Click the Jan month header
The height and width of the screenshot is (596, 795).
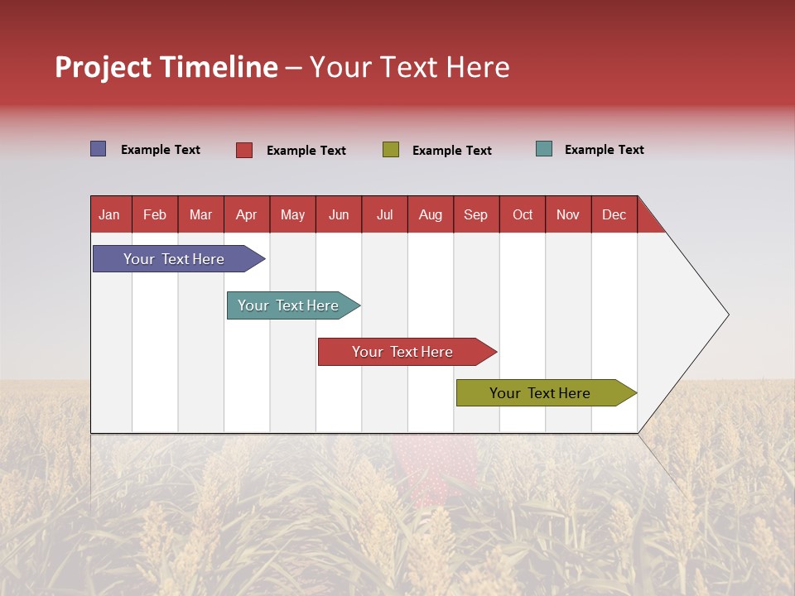(x=109, y=214)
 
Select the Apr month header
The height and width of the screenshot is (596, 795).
(x=246, y=214)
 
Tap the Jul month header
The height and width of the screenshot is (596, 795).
(x=384, y=214)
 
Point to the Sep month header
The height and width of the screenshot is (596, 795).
(x=475, y=214)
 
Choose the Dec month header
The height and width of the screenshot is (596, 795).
(x=614, y=214)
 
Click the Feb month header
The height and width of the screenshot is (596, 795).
(x=155, y=214)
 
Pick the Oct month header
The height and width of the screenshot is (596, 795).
(x=523, y=214)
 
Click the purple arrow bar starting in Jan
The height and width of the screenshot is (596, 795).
(x=174, y=259)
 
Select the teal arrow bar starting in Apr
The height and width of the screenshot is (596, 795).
(x=288, y=305)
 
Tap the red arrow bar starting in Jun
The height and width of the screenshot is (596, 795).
(x=402, y=352)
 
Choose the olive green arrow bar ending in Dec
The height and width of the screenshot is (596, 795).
(x=540, y=393)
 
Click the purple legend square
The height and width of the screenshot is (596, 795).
(x=99, y=149)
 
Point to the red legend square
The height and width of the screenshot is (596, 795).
(x=244, y=150)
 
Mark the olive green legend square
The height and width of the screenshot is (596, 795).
(x=391, y=150)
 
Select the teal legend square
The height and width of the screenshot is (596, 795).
(x=544, y=149)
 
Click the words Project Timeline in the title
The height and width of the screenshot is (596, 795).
(x=166, y=67)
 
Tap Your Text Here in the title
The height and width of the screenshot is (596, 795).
(x=410, y=67)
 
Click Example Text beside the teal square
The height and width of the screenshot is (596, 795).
(x=604, y=150)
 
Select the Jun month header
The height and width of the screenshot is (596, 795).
(x=339, y=214)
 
